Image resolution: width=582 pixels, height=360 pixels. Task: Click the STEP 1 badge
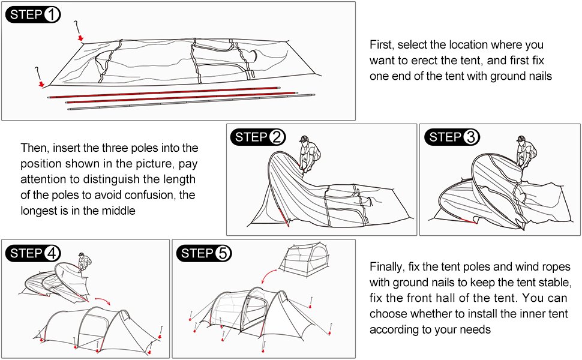tap(33, 15)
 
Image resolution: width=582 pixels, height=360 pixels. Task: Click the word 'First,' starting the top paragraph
tap(382, 45)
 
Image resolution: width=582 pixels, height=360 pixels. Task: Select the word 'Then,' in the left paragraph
tap(35, 148)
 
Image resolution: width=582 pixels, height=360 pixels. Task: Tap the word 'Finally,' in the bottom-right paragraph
tap(388, 267)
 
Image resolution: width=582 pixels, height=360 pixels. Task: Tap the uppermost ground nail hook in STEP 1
tap(77, 29)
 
